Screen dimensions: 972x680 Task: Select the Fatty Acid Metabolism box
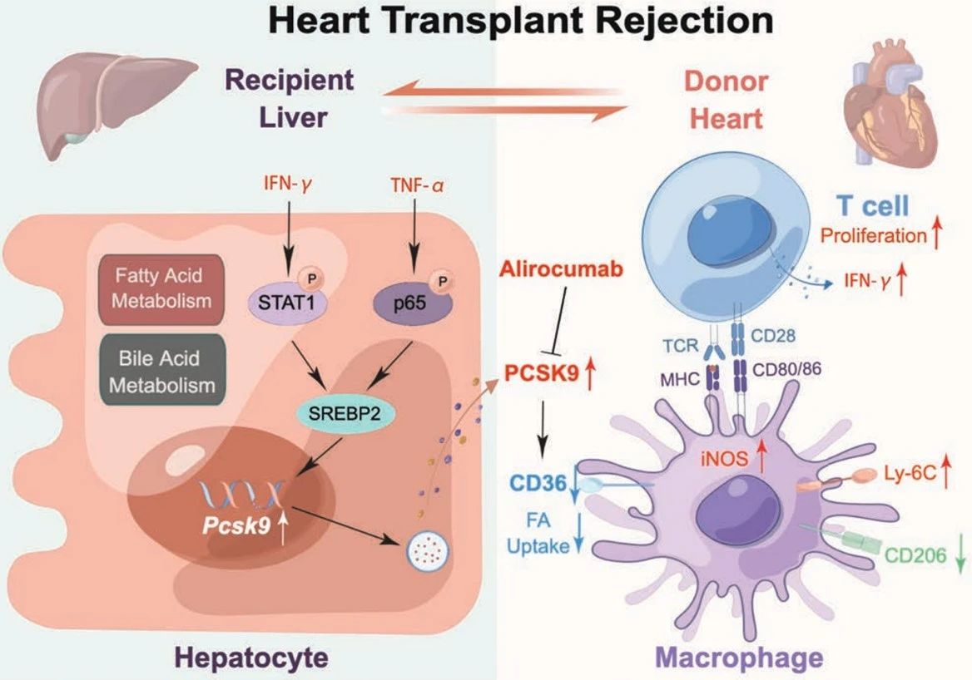161,288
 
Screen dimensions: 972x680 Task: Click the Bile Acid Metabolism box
161,371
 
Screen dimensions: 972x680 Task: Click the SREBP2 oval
345,411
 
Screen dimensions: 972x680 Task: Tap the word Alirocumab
562,269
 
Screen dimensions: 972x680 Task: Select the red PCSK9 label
541,373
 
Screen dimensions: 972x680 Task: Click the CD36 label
538,482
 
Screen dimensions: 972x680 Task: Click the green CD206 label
915,555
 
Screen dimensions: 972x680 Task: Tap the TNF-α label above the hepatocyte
417,185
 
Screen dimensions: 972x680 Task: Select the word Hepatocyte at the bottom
251,657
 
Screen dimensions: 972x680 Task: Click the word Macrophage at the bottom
739,657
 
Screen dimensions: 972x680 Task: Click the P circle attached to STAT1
311,279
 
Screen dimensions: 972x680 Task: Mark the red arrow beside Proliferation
937,235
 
